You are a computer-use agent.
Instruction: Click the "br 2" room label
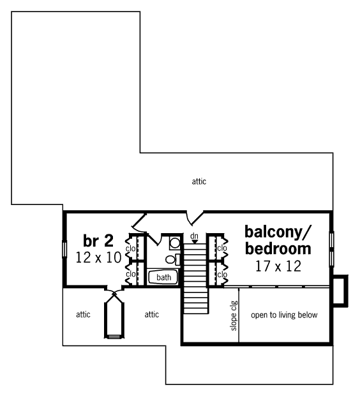[x=98, y=241]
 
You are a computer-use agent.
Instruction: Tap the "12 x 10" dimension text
[x=98, y=258]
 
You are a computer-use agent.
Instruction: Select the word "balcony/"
[x=278, y=232]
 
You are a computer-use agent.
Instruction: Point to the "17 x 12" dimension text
[x=278, y=266]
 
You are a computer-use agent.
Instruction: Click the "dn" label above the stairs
[x=194, y=236]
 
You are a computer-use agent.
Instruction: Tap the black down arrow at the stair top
[x=195, y=241]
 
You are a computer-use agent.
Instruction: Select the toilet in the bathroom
[x=173, y=259]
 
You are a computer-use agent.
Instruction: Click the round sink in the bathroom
[x=175, y=243]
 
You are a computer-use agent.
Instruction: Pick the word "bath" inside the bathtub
[x=163, y=277]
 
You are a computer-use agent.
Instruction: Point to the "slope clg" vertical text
[x=234, y=316]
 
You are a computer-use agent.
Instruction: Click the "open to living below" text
[x=284, y=315]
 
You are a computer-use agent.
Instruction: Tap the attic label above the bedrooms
[x=199, y=181]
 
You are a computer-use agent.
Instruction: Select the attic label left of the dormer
[x=83, y=314]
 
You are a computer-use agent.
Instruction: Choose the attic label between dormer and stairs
[x=152, y=314]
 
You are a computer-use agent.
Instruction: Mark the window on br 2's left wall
[x=64, y=250]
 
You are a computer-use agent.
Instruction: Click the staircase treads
[x=195, y=278]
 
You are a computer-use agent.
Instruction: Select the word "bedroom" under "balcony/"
[x=278, y=248]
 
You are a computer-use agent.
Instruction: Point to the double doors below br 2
[x=114, y=291]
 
